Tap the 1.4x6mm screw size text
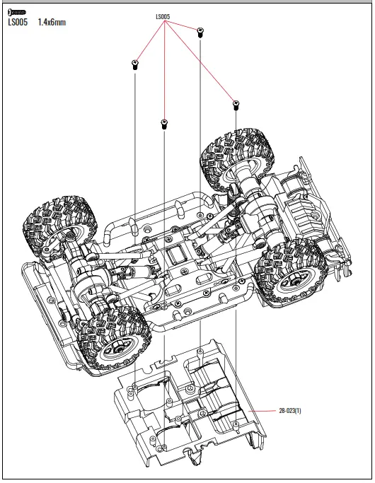[x=52, y=22]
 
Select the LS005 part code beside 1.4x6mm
[x=18, y=22]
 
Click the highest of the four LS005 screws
[x=200, y=31]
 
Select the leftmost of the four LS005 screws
[x=134, y=66]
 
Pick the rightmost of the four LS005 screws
[x=235, y=106]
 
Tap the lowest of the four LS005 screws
[x=163, y=124]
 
